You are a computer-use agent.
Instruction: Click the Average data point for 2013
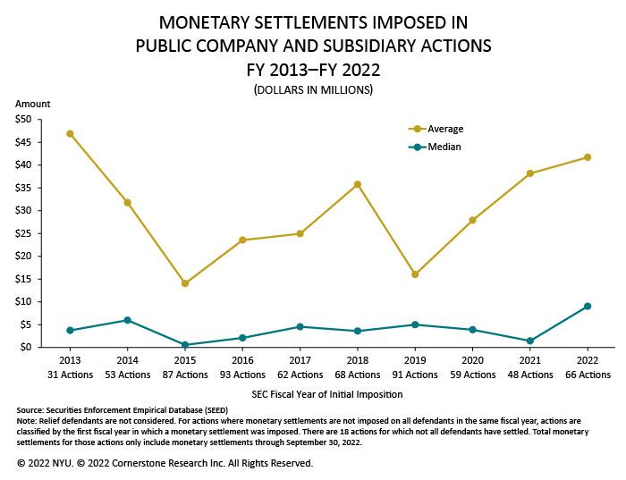tap(70, 133)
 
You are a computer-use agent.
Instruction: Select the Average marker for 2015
tap(185, 283)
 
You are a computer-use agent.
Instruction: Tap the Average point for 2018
tap(358, 184)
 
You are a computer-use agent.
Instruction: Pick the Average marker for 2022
tap(588, 157)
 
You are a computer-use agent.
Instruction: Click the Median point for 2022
tap(588, 306)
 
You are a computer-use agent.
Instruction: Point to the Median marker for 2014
tap(128, 320)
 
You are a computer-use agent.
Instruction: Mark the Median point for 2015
tap(185, 345)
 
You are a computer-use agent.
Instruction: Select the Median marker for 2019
tap(415, 324)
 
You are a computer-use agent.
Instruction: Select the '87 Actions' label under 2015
tap(185, 375)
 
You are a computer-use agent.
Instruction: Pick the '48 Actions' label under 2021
tap(530, 375)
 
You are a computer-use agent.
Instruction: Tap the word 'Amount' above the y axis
tap(33, 105)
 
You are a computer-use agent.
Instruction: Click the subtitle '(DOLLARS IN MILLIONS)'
tap(313, 90)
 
